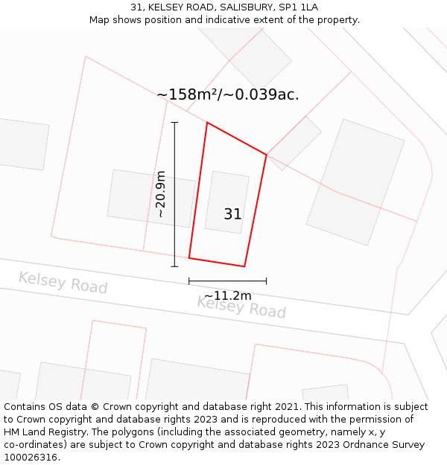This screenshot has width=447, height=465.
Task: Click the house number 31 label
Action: tap(232, 214)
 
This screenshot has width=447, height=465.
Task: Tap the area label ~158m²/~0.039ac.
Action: tap(228, 94)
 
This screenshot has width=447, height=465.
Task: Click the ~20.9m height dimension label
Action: tap(160, 194)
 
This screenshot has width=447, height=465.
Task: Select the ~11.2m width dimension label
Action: tap(228, 295)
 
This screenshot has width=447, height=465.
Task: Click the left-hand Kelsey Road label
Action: tap(63, 283)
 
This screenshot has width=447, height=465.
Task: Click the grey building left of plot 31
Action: tap(151, 198)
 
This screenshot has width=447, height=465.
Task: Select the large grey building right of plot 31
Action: tap(355, 182)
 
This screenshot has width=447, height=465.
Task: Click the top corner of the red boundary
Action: tap(206, 123)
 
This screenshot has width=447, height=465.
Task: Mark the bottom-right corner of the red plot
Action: tap(244, 266)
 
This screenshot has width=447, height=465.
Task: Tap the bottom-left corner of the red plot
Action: tap(189, 258)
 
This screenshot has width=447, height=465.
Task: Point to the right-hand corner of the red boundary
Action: tap(266, 155)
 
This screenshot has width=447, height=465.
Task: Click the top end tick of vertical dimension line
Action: tap(174, 122)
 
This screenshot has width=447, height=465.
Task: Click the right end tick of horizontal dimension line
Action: tap(266, 281)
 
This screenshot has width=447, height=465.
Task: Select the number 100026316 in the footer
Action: tap(31, 458)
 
